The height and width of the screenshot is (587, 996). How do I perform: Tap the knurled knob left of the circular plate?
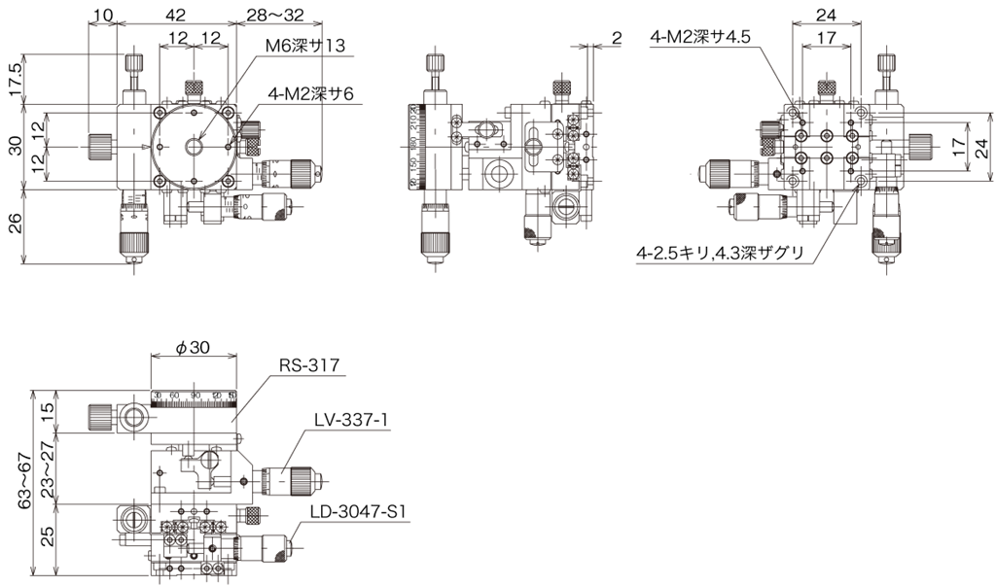pos(99,147)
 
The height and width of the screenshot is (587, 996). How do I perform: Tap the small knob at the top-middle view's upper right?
pos(561,88)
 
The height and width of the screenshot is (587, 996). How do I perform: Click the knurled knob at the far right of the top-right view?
pos(920,147)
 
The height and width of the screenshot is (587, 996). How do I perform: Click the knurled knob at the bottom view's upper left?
pos(100,416)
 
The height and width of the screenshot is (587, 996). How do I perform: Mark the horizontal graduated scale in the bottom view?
pos(194,399)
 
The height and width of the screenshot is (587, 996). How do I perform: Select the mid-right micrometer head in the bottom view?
pos(292,478)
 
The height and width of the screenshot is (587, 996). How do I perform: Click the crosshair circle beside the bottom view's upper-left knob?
pos(134,417)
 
